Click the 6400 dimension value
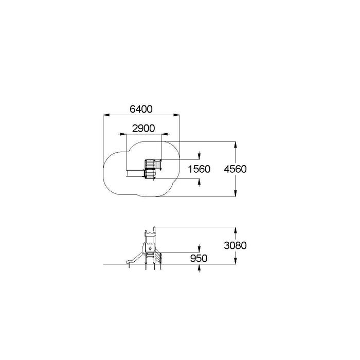click(141, 109)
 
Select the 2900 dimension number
click(143, 129)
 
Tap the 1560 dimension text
click(199, 169)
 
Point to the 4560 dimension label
click(236, 169)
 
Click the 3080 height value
click(236, 245)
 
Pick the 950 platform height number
click(199, 258)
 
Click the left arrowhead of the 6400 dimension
click(106, 115)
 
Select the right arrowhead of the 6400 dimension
click(177, 115)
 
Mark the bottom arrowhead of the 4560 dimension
click(236, 193)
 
